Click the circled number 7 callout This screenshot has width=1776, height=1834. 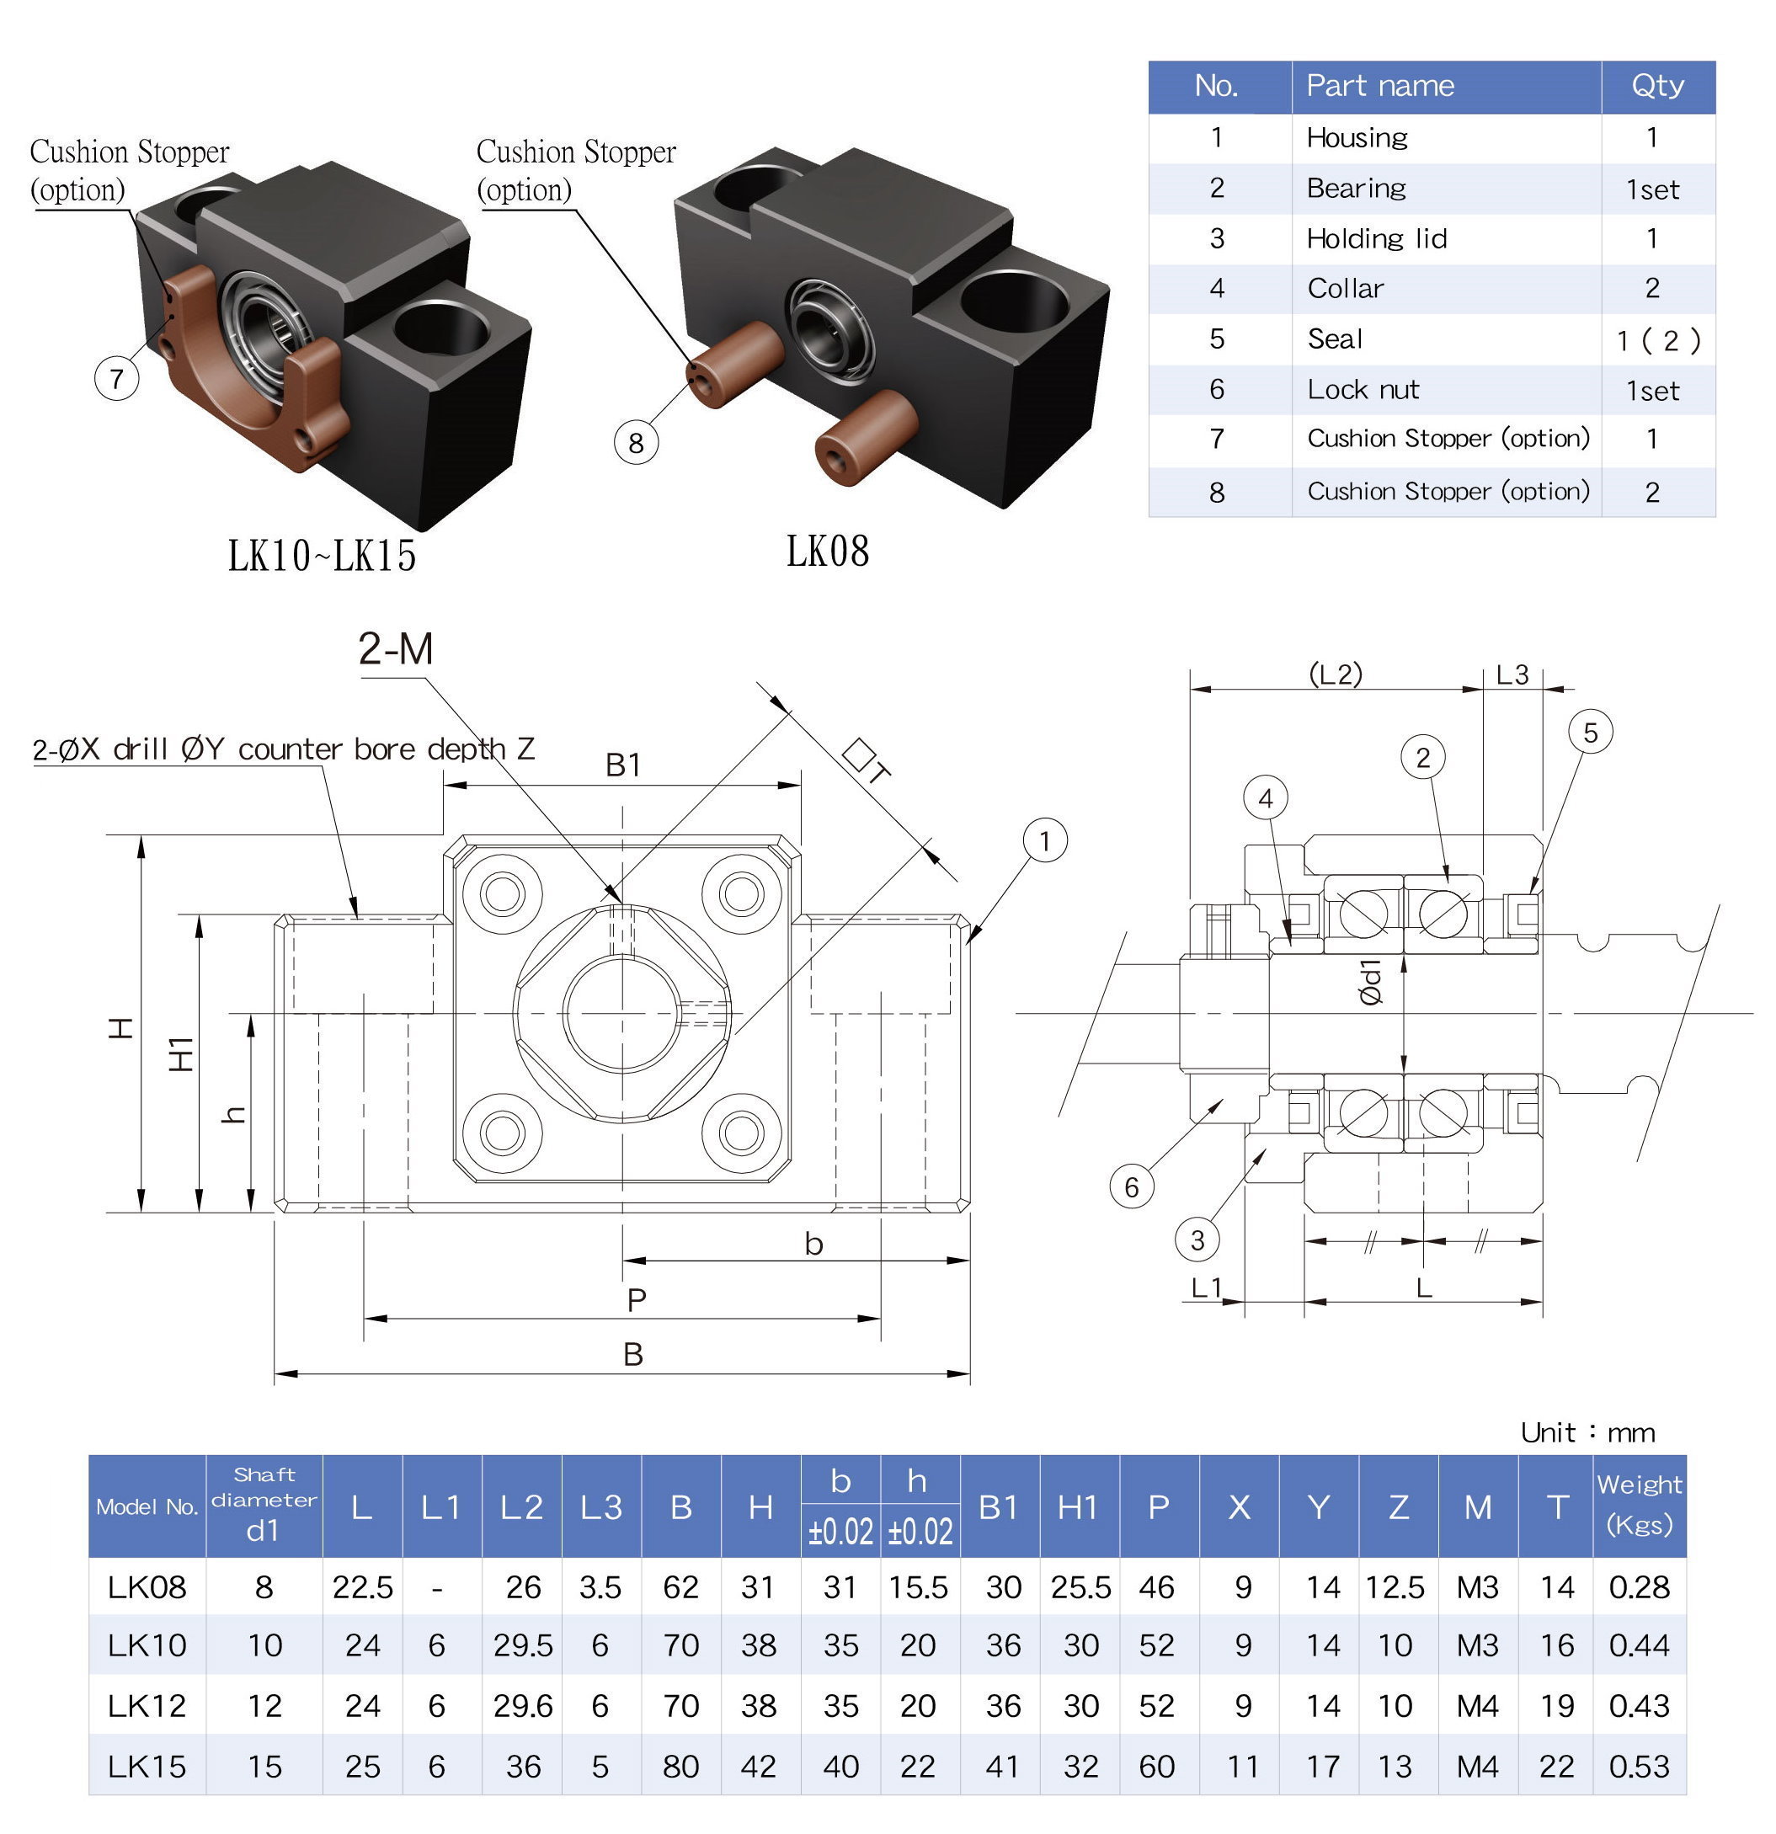116,379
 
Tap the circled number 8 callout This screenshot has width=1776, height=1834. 635,443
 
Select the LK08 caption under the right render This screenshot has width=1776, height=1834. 827,552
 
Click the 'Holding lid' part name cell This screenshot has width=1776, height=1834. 1377,238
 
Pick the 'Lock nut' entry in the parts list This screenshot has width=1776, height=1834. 1363,389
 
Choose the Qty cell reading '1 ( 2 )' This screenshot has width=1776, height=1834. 1657,339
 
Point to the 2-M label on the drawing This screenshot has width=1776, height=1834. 396,648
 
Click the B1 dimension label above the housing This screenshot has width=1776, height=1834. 623,765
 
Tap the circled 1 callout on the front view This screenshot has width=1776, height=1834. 1044,840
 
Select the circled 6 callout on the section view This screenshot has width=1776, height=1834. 1131,1187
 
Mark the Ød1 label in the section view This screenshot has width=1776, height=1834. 1370,982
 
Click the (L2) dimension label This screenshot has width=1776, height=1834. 1336,674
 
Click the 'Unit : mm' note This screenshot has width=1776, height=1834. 1587,1432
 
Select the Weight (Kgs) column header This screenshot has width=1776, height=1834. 1639,1505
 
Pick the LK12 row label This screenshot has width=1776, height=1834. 147,1706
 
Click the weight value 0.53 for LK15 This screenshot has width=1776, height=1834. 1639,1766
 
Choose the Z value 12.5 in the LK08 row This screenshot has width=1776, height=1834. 1395,1587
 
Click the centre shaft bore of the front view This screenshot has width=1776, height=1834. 622,1012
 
